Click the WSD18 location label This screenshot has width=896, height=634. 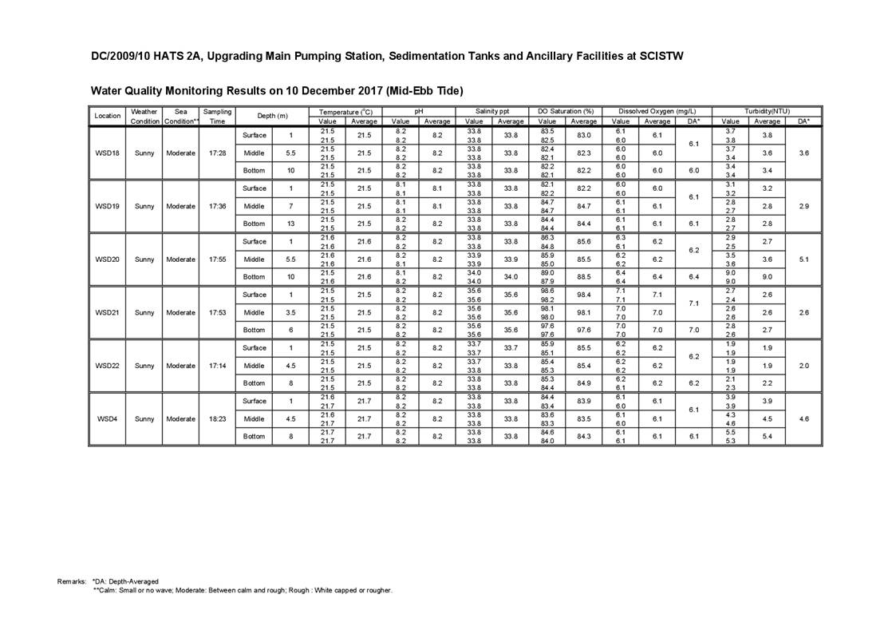107,153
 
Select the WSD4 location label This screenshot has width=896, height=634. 107,418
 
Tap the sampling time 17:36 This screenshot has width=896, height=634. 217,206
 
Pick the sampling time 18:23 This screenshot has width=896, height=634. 217,418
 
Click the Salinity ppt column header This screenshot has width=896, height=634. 492,112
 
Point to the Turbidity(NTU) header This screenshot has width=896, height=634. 766,112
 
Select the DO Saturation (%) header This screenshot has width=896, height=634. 566,112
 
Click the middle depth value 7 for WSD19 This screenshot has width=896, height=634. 290,206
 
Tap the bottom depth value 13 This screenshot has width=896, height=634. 290,224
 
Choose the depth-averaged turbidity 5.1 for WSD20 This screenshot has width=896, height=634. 803,260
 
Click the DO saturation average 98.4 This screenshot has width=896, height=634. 584,295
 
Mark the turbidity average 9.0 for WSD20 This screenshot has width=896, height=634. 767,277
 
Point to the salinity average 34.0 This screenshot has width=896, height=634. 511,277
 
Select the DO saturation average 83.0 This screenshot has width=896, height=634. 584,135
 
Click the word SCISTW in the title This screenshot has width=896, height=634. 656,57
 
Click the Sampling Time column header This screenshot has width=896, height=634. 217,117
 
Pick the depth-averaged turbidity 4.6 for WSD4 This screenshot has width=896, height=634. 803,418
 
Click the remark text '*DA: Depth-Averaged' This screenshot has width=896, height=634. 125,581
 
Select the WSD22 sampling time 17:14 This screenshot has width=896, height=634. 217,366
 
